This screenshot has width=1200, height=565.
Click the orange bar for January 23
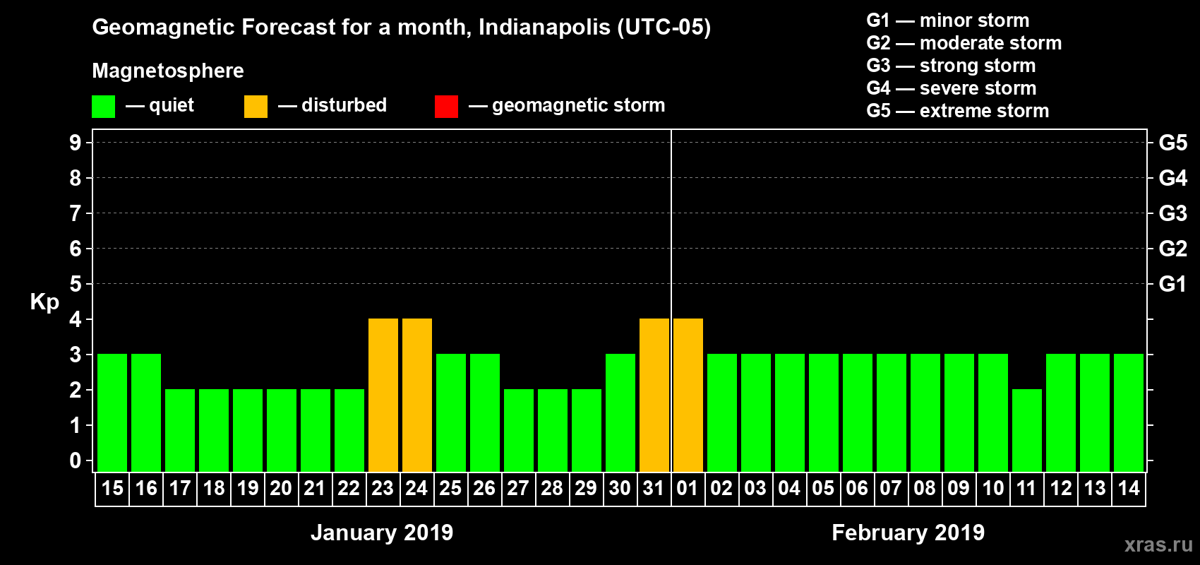pyautogui.click(x=383, y=395)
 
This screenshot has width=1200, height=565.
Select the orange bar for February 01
pyautogui.click(x=688, y=395)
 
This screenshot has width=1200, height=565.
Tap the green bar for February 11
pyautogui.click(x=1027, y=430)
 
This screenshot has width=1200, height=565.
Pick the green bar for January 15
pyautogui.click(x=112, y=412)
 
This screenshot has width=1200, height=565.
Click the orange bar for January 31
pyautogui.click(x=654, y=395)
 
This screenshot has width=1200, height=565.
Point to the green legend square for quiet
pyautogui.click(x=104, y=107)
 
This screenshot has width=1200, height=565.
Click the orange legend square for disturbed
pyautogui.click(x=256, y=107)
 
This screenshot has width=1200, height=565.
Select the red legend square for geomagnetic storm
pyautogui.click(x=446, y=107)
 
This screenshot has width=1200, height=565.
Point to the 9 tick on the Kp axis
pyautogui.click(x=76, y=143)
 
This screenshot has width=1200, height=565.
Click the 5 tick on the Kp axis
pyautogui.click(x=76, y=284)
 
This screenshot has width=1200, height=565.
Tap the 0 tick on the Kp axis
pyautogui.click(x=76, y=460)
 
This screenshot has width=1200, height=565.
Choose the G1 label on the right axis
pyautogui.click(x=1172, y=284)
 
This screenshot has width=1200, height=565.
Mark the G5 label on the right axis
pyautogui.click(x=1172, y=143)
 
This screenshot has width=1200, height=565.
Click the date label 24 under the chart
pyautogui.click(x=416, y=488)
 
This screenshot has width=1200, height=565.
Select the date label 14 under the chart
pyautogui.click(x=1129, y=488)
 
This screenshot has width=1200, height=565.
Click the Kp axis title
pyautogui.click(x=44, y=302)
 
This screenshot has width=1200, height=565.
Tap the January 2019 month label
pyautogui.click(x=382, y=533)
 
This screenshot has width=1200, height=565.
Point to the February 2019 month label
pyautogui.click(x=908, y=533)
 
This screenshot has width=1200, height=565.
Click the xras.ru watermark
pyautogui.click(x=1158, y=544)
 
